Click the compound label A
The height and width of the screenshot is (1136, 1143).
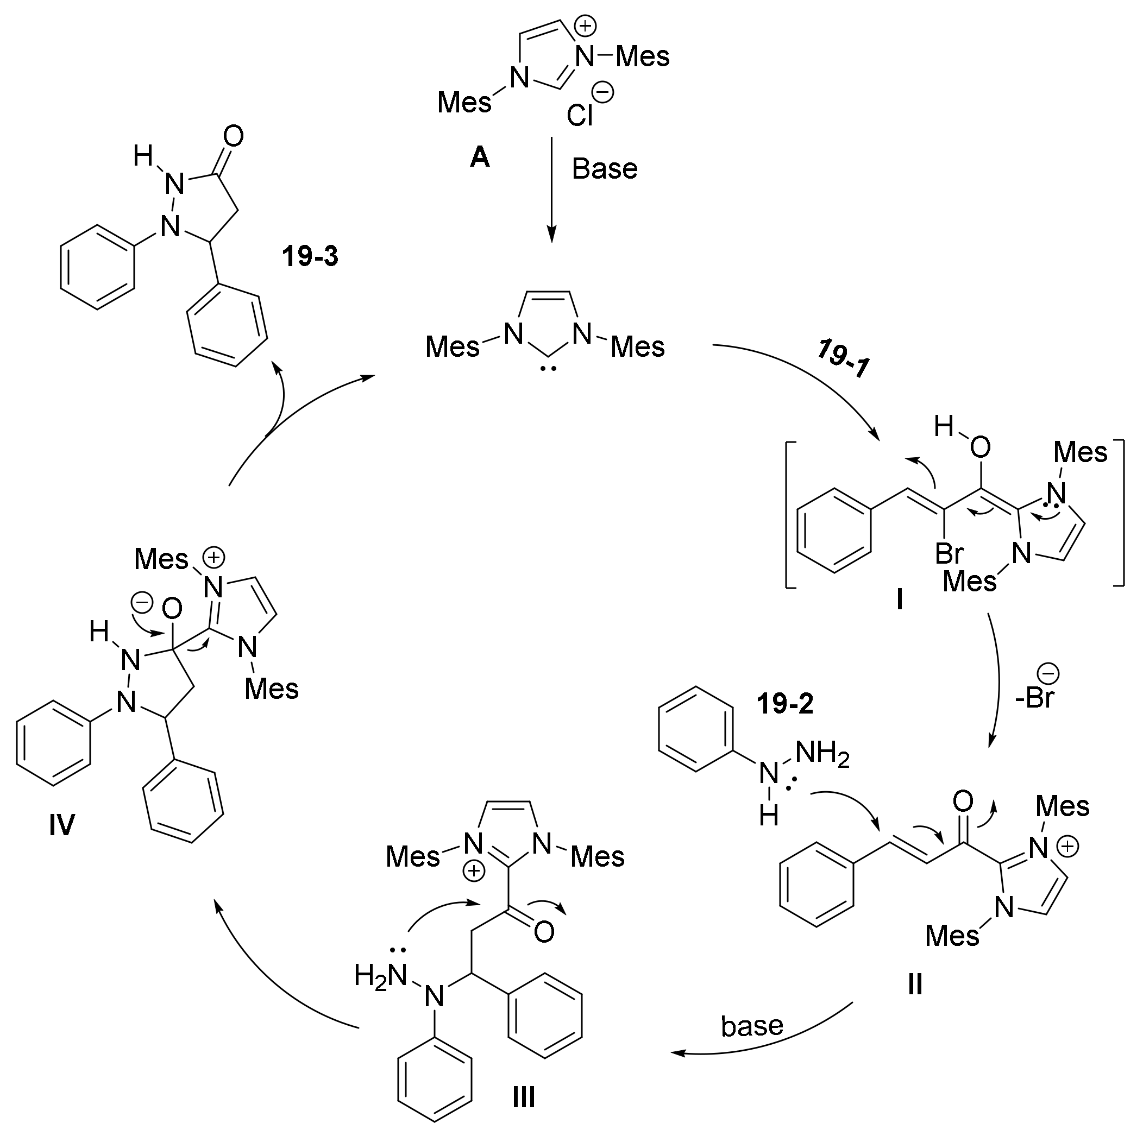coord(480,158)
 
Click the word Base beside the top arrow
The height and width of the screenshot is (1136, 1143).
coord(605,169)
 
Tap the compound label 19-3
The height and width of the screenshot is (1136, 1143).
coord(310,257)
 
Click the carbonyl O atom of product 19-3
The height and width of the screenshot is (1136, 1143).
coord(234,137)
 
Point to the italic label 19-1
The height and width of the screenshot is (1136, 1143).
coord(844,359)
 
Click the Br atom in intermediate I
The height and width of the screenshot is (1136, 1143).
coord(949,553)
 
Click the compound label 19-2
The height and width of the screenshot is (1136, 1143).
coord(785,704)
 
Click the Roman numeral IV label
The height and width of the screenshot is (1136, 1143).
coord(61,824)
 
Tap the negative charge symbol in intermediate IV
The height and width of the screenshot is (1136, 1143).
coord(141,603)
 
